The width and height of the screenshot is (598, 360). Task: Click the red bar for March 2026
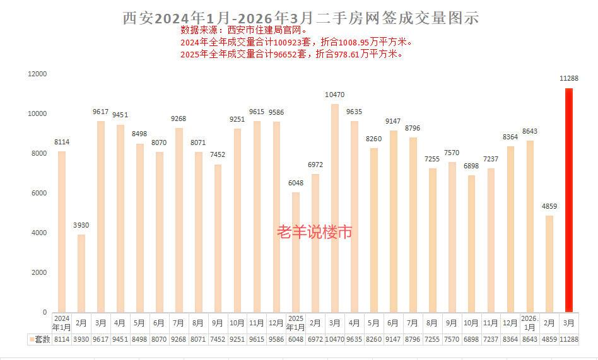pos(568,200)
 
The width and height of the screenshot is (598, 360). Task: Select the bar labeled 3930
pos(81,273)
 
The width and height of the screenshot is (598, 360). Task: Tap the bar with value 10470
pos(334,208)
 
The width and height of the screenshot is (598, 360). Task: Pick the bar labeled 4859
pos(549,264)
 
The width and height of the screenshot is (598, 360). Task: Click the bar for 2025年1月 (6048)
pos(295,252)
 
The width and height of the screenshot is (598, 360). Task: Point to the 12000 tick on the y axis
pos(37,74)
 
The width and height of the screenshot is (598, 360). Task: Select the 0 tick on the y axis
pos(44,312)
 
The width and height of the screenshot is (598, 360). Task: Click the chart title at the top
pos(300,18)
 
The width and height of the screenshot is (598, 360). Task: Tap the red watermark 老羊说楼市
pos(314,232)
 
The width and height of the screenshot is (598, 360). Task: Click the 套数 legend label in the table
pos(42,339)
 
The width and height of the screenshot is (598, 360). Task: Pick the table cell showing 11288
pos(568,339)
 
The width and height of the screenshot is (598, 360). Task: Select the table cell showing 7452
pos(217,339)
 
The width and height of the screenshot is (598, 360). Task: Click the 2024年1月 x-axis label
pos(61,322)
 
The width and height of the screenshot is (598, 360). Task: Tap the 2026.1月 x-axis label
pos(529,322)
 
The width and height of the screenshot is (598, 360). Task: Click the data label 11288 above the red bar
pos(570,78)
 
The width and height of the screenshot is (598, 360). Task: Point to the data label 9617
pos(100,112)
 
